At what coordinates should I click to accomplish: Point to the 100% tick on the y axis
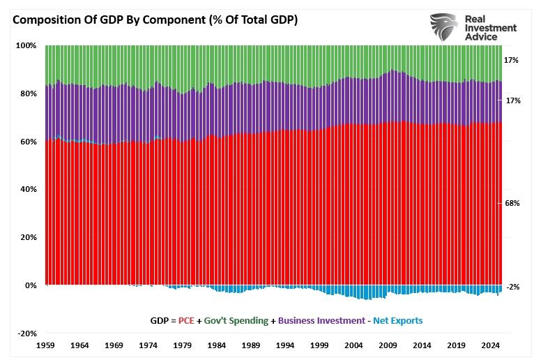(26, 45)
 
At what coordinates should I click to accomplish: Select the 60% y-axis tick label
(28, 142)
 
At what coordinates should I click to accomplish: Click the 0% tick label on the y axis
(30, 285)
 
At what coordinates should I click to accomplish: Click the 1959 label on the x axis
(45, 345)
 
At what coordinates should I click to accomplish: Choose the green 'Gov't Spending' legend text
(236, 321)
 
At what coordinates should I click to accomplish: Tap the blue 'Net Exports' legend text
(397, 321)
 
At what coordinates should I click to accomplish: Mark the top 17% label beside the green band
(511, 61)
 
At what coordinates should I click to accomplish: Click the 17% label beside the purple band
(511, 101)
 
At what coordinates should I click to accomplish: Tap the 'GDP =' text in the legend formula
(163, 321)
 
